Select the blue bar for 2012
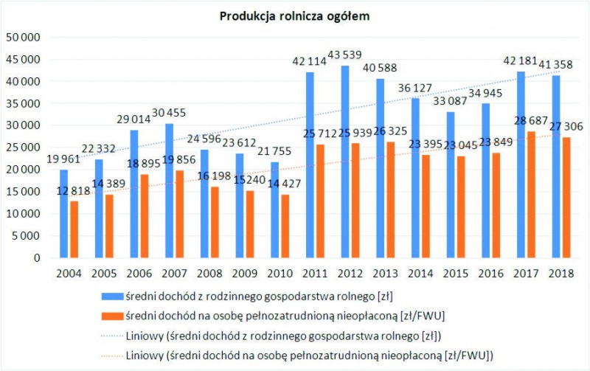pos(345,162)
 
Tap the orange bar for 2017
pos(521,195)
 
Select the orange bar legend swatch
pos(111,316)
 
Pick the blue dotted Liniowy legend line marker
pos(111,336)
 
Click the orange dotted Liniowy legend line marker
pos(111,356)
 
